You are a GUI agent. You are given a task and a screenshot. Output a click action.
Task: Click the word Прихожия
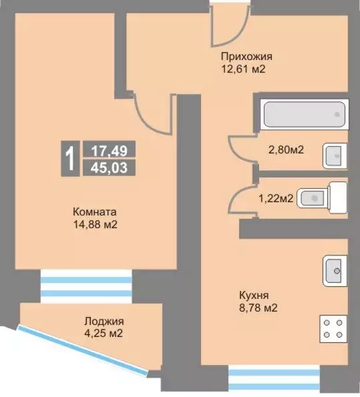(246, 57)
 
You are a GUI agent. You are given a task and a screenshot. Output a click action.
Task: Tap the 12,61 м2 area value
(243, 69)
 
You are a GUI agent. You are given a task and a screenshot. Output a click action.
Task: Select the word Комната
(95, 212)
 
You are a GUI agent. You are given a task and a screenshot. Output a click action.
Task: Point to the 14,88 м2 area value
(96, 224)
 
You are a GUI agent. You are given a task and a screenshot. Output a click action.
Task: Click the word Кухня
(254, 296)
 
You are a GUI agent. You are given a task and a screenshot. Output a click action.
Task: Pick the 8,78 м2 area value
(258, 308)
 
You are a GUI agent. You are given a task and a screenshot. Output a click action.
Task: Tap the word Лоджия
(104, 322)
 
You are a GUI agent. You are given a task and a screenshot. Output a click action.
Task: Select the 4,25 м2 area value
(104, 333)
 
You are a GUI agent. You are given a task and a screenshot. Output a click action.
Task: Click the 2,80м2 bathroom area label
(286, 150)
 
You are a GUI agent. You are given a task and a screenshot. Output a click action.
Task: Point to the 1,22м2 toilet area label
(276, 198)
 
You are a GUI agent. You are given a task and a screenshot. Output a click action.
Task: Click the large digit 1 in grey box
(70, 159)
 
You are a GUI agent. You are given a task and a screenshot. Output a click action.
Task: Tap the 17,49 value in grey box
(110, 151)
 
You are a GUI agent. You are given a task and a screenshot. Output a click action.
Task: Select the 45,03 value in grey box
(110, 168)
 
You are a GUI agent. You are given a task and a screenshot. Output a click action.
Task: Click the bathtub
(305, 115)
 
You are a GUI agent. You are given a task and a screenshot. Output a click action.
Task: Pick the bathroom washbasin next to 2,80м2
(335, 156)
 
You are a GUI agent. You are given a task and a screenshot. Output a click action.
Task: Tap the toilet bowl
(322, 197)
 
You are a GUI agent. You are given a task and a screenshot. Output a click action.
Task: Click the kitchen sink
(335, 271)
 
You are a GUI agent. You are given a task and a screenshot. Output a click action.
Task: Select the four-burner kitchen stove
(333, 329)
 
